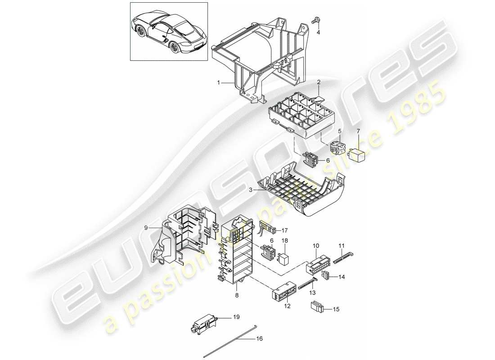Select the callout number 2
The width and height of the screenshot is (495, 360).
coord(318,82)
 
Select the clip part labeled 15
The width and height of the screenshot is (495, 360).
coord(316,307)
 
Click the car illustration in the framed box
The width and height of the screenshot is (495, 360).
coord(169,31)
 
